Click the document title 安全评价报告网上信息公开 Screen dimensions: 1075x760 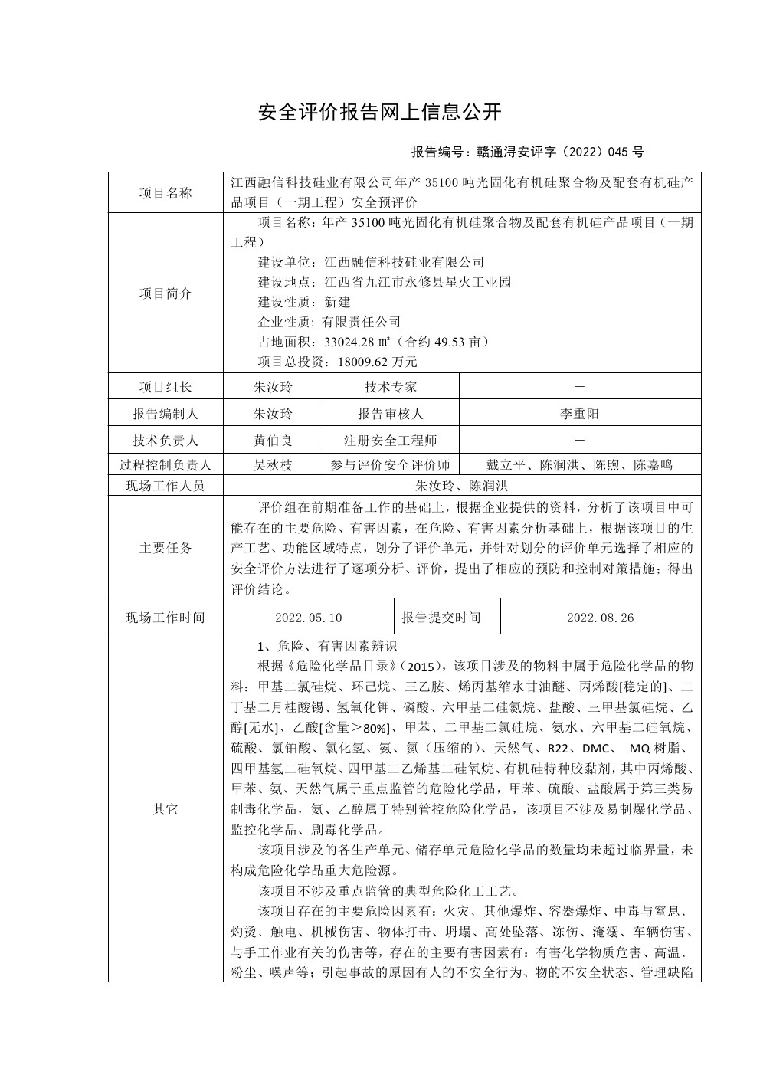(x=380, y=113)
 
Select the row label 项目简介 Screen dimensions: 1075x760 (x=165, y=293)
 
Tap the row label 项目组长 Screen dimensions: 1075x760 (x=165, y=387)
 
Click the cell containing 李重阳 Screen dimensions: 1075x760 (x=579, y=414)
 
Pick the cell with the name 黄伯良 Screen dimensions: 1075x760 (x=273, y=441)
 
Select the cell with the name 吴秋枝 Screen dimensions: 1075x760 (x=273, y=464)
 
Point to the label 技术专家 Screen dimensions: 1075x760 (x=391, y=387)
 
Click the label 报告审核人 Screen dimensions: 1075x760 (x=391, y=414)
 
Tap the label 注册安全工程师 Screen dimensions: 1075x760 (x=391, y=441)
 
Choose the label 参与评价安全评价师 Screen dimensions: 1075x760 (x=391, y=464)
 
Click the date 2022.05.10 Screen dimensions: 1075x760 (x=308, y=618)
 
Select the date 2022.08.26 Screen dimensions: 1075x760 (x=600, y=618)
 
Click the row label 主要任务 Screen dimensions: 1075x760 (x=165, y=549)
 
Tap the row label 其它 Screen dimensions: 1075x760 (x=165, y=809)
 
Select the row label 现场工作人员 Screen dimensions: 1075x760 (x=165, y=486)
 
